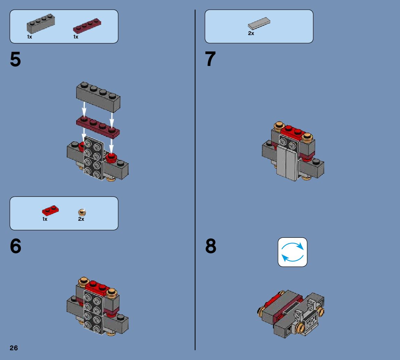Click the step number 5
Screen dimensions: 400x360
[15, 59]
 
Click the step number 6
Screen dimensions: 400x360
[15, 246]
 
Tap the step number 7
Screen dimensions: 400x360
[211, 59]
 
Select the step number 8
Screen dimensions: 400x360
[211, 246]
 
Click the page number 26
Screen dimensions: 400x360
[14, 348]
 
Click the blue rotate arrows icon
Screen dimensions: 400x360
[292, 252]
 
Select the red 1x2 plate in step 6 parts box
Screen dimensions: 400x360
[50, 210]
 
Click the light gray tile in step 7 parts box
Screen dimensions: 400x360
[259, 23]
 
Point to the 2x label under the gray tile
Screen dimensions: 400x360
[251, 34]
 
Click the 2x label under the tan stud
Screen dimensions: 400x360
[81, 219]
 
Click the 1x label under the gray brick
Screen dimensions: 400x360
[30, 37]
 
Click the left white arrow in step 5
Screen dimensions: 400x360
[84, 108]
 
